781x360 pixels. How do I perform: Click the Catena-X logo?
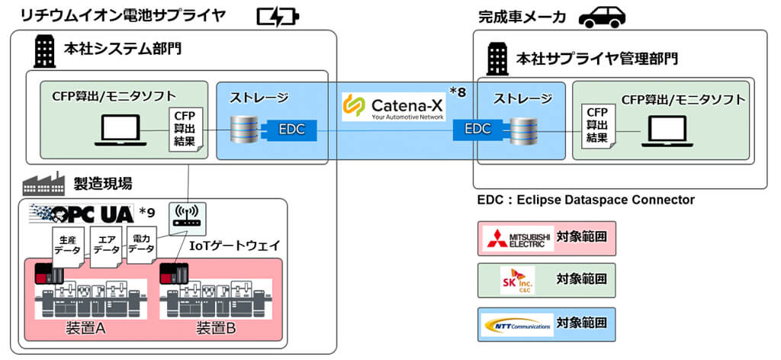point(393,106)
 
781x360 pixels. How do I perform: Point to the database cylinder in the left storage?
point(245,129)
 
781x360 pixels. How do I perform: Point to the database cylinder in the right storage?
point(522,129)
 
